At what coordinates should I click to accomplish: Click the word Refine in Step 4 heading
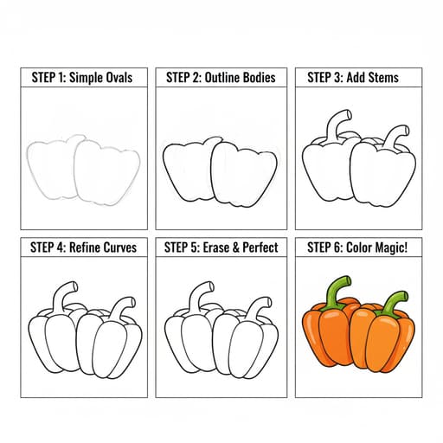coord(85,247)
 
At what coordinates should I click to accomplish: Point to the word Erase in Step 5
coord(216,247)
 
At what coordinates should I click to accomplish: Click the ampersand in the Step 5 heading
coord(236,247)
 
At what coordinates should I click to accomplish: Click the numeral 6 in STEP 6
coord(337,247)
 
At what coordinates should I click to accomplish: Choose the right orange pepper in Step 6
coord(382,340)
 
